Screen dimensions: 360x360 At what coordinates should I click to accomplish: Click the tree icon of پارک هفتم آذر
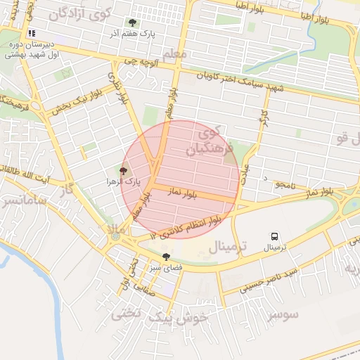132,22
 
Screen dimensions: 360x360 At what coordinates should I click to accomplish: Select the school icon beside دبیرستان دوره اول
31,33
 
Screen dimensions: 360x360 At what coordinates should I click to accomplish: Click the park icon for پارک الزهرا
124,171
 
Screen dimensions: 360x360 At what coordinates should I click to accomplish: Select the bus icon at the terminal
274,237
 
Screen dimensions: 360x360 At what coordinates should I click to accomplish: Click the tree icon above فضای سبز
166,257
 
